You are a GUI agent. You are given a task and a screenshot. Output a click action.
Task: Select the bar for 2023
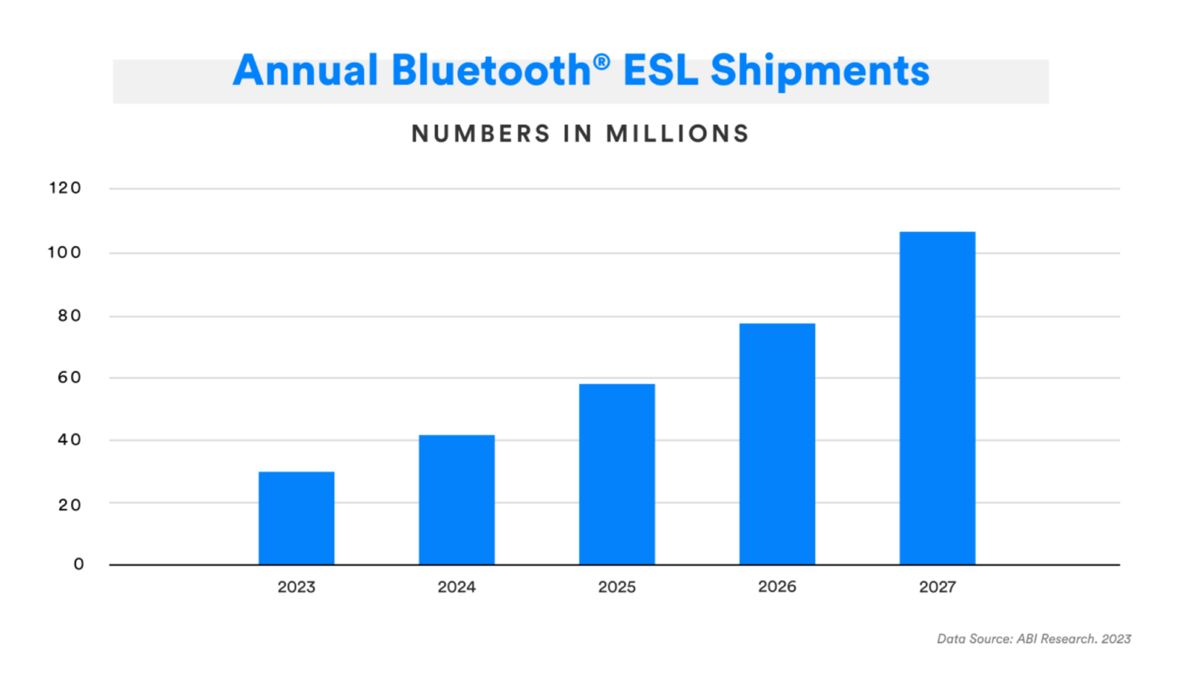(x=296, y=518)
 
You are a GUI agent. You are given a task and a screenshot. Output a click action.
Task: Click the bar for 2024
(x=457, y=499)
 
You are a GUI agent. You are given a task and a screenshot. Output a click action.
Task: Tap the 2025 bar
(x=617, y=474)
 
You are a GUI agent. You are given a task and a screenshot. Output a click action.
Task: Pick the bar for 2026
(x=777, y=443)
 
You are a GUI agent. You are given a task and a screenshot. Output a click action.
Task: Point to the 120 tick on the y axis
(x=65, y=188)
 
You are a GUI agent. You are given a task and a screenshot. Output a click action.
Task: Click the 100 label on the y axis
(x=64, y=253)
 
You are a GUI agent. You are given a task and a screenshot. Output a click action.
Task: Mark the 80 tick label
(x=69, y=316)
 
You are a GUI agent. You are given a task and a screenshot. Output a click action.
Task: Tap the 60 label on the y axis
(x=69, y=378)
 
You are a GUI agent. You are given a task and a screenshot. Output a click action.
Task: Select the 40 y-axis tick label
(x=69, y=440)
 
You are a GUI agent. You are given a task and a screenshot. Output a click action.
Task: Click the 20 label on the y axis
(x=69, y=505)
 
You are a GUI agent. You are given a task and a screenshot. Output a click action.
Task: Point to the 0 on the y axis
(x=78, y=564)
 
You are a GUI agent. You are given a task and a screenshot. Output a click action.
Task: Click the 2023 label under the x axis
(x=296, y=587)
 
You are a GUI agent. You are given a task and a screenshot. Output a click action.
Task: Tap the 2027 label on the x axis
(x=937, y=587)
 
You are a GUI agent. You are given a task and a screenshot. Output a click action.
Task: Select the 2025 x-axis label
(x=617, y=587)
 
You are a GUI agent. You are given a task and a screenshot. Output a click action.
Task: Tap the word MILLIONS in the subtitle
(x=677, y=134)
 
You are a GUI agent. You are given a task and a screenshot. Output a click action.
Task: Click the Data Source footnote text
(x=1034, y=639)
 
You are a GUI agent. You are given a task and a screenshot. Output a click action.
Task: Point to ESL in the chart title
(x=660, y=71)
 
